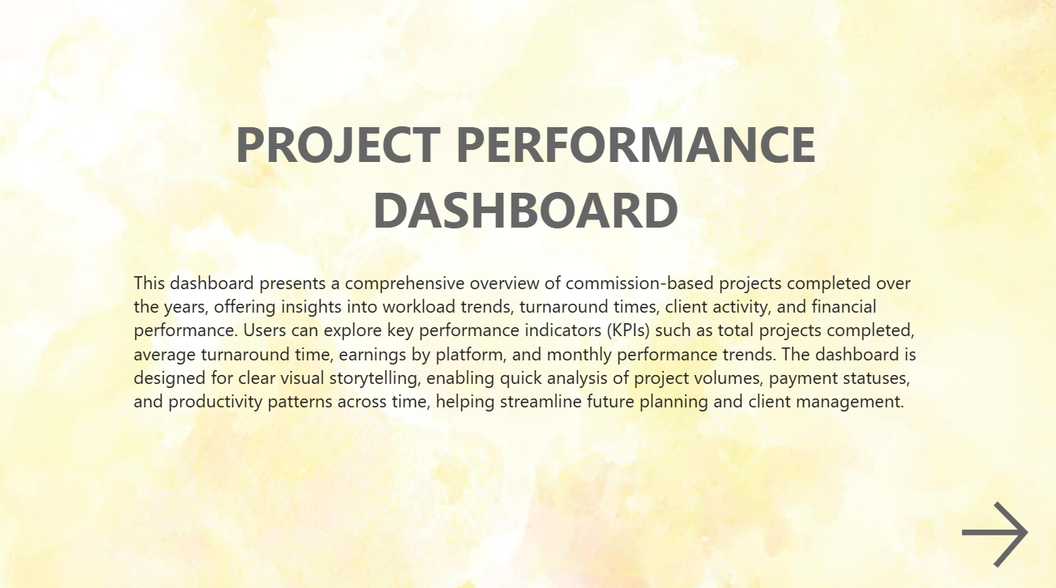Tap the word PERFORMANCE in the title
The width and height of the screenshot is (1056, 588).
click(x=636, y=145)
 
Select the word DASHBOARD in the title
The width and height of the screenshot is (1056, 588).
click(x=526, y=210)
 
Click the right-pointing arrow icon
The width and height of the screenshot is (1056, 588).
click(x=994, y=534)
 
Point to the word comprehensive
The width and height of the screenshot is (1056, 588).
click(x=405, y=283)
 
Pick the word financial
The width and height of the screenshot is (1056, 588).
click(x=844, y=307)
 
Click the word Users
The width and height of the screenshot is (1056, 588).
click(x=264, y=330)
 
